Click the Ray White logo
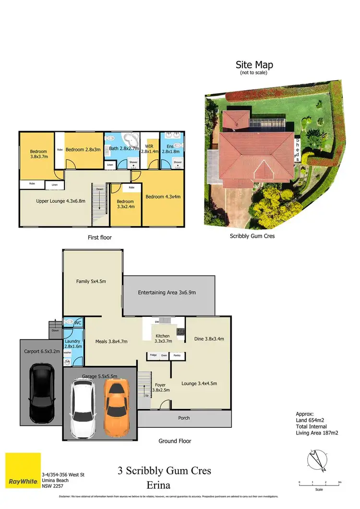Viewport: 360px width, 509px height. [x=23, y=470]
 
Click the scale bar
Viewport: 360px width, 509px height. [x=319, y=485]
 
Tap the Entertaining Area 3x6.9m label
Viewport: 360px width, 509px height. [x=167, y=292]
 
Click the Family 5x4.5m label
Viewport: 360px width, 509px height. [x=92, y=281]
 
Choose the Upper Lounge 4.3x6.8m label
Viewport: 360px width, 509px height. [x=54, y=201]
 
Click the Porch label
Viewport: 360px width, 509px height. [x=184, y=417]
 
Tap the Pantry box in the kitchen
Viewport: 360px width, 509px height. [x=177, y=355]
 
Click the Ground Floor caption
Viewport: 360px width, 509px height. [x=175, y=441]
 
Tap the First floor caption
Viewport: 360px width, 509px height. [x=100, y=237]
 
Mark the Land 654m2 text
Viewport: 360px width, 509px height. [x=310, y=420]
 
